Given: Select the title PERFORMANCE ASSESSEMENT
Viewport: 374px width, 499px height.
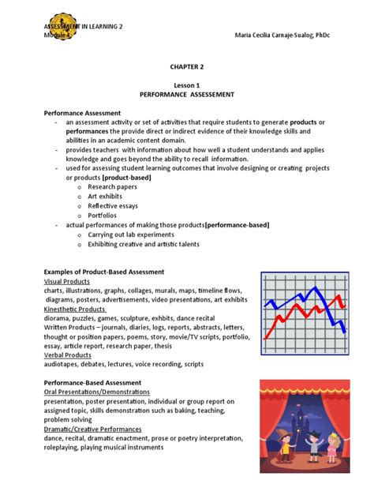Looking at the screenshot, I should [187, 93].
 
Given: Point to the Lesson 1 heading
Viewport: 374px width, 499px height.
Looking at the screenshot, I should [187, 84].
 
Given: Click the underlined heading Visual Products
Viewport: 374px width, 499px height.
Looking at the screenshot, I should [67, 281].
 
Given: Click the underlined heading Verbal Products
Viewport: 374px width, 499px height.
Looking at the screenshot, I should [68, 355].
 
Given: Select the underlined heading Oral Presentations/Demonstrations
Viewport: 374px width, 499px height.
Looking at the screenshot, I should [96, 392].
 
